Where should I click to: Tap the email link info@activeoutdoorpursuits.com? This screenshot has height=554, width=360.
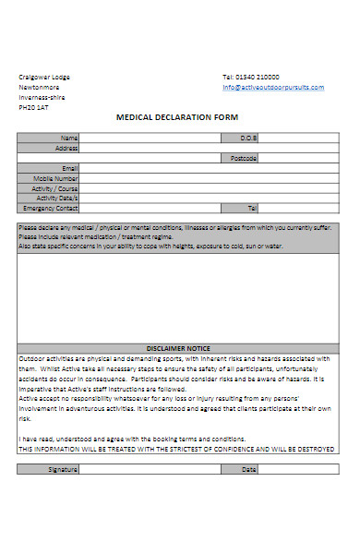[x=273, y=88]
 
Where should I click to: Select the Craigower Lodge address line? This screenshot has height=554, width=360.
[x=44, y=77]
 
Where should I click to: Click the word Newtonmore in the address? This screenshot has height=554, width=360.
[x=39, y=87]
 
